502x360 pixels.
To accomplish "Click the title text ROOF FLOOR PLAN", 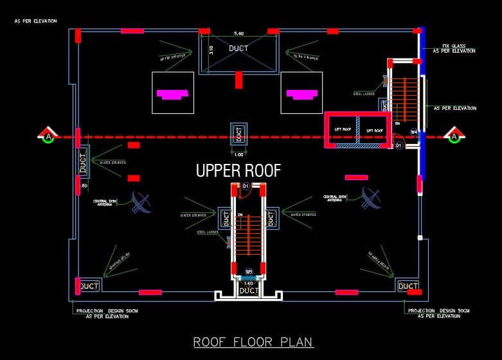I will coord(253,341).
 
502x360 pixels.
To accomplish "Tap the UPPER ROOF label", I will coord(238,170).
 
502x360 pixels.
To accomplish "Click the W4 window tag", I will coord(415,132).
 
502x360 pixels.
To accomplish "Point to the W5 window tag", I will coord(249,271).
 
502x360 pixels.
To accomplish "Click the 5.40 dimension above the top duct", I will coord(238,33).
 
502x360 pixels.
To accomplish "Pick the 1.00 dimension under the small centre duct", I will coord(238,154).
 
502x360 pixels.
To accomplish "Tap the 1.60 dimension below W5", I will coord(249,282).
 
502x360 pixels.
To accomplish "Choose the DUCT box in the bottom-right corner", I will coord(408,286).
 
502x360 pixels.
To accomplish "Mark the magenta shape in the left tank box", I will coord(172,94).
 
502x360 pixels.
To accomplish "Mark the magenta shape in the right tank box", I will coord(302,94).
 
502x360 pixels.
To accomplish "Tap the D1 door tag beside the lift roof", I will coord(399,146).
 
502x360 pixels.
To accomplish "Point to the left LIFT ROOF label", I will coord(343,130).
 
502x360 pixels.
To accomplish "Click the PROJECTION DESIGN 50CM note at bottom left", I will coord(107,312).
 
